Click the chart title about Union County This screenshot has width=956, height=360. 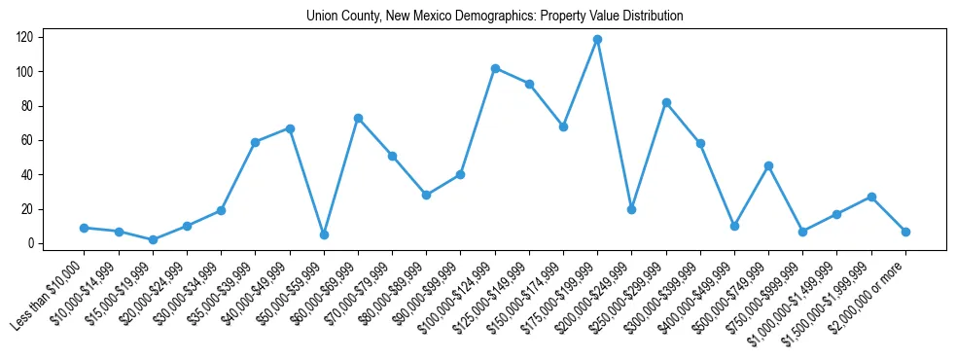click(x=494, y=17)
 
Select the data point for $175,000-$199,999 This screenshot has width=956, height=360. click(x=597, y=40)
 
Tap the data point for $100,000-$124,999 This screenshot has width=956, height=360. click(x=495, y=68)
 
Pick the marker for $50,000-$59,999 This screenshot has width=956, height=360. click(x=324, y=234)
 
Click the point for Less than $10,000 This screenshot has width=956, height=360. click(x=85, y=228)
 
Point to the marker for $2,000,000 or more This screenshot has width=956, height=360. click(x=905, y=232)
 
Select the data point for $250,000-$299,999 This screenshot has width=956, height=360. click(x=666, y=102)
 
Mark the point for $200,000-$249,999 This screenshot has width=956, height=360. click(x=631, y=209)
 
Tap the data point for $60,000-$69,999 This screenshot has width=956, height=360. click(x=358, y=118)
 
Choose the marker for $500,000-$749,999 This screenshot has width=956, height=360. click(x=768, y=165)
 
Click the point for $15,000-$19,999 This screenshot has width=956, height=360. click(x=153, y=239)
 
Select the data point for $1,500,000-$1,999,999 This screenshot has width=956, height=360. click(x=871, y=197)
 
